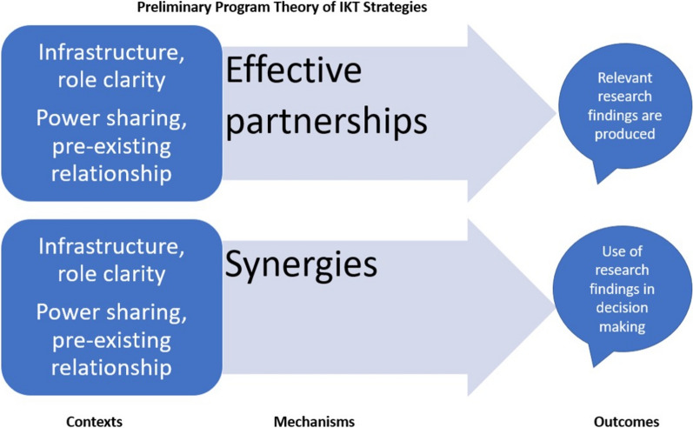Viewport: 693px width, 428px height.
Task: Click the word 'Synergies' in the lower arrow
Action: pyautogui.click(x=302, y=264)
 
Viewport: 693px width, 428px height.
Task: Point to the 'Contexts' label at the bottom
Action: pyautogui.click(x=95, y=421)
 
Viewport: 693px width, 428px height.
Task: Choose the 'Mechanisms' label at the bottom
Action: pyautogui.click(x=315, y=421)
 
